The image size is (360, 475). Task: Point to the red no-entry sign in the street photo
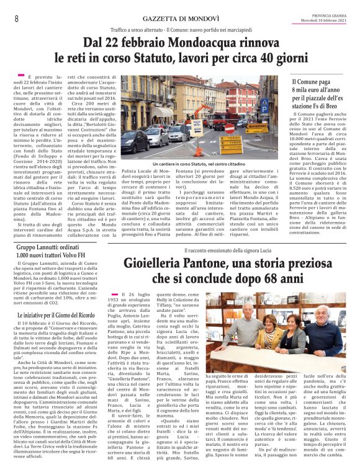tap(229, 129)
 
